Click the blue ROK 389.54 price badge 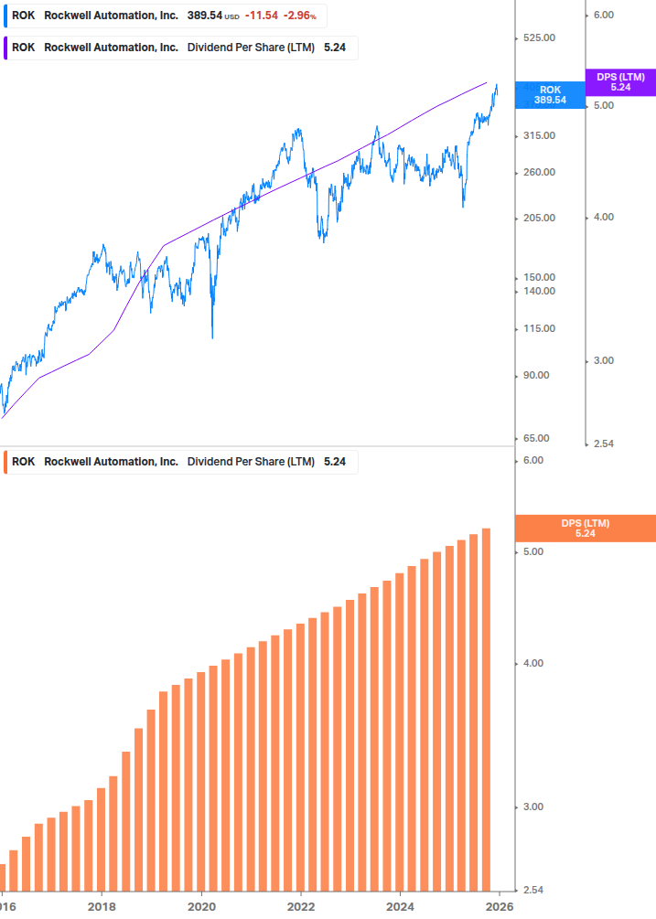coord(549,95)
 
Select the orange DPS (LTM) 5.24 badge coord(585,529)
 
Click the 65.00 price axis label coord(534,439)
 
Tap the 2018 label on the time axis coord(102,907)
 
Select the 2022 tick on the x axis coord(301,907)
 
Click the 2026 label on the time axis coord(499,907)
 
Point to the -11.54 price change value coord(261,16)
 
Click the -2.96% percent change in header coord(298,16)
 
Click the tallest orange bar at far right coord(487,713)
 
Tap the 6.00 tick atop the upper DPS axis coord(603,16)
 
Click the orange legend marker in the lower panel coord(5,462)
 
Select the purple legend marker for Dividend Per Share coord(5,48)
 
